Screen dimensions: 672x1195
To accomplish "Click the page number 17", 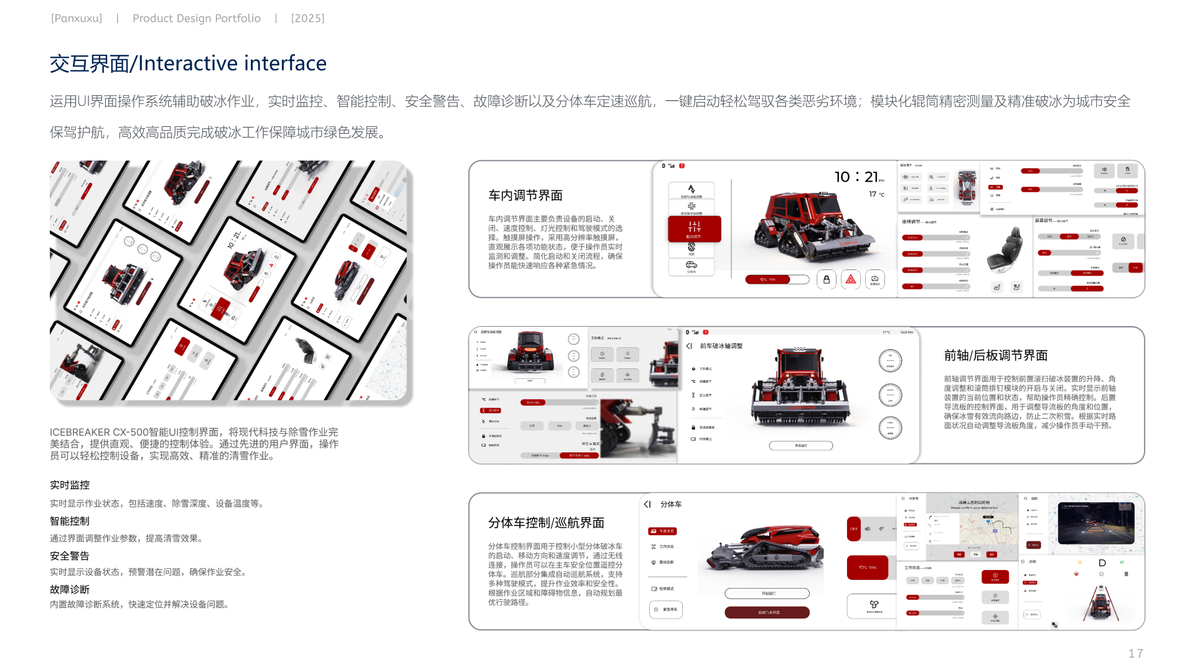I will [1135, 653].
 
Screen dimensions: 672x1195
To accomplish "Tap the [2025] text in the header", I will [307, 19].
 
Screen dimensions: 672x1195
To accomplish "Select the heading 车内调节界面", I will [525, 195].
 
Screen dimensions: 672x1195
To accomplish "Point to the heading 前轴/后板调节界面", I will [996, 355].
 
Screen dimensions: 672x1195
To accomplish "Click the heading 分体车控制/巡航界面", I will [546, 523].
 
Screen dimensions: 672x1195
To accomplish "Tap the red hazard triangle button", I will [851, 279].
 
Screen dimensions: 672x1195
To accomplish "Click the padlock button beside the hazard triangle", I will [827, 279].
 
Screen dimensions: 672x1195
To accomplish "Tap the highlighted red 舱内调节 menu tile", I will [694, 228].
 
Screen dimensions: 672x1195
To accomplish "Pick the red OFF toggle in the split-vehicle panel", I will [853, 529].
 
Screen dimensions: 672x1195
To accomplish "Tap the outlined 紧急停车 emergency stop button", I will [666, 609].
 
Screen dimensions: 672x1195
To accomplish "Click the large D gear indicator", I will [1102, 563].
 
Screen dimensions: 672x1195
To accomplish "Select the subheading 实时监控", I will [70, 485].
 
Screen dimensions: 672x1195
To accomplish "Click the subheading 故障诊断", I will [70, 589].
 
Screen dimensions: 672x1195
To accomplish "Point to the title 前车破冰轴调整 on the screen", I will [721, 346].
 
